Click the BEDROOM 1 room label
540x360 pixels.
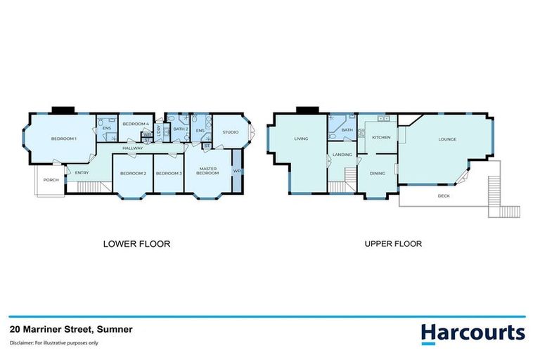click(63, 139)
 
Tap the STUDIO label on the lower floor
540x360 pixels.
click(231, 131)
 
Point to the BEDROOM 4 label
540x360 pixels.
click(135, 124)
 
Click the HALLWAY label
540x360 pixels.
click(133, 148)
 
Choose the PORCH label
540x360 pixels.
click(50, 179)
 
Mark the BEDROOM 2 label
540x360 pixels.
click(133, 173)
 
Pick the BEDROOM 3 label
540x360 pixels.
click(169, 173)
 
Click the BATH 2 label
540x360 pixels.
click(179, 129)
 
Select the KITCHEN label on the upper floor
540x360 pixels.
click(381, 137)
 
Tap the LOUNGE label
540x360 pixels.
click(447, 139)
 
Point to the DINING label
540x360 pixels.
click(378, 173)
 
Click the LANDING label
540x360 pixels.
click(342, 154)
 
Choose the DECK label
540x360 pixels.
click(444, 195)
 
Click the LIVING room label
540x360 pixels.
click(301, 139)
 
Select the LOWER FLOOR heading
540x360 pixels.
click(136, 244)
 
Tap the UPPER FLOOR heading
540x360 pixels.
click(392, 244)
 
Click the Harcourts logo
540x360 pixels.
click(472, 333)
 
